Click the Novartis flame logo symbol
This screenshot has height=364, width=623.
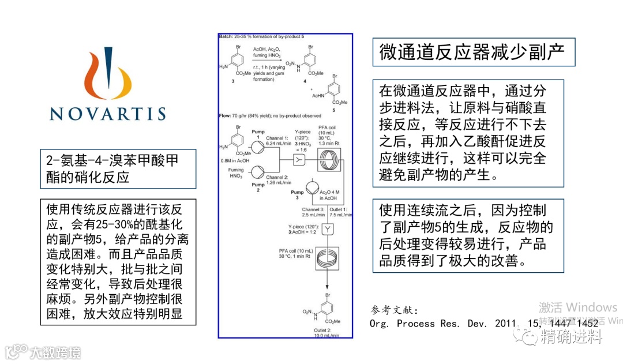(107, 75)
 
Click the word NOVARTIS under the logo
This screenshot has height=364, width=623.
(107, 113)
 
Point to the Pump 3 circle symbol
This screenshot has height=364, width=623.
(311, 188)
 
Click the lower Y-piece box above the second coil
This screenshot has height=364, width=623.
(328, 229)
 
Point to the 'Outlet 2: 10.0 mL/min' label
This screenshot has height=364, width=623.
(326, 332)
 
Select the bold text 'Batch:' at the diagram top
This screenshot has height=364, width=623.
(226, 36)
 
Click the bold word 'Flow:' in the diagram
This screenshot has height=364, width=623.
(225, 116)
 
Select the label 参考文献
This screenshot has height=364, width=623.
(396, 310)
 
